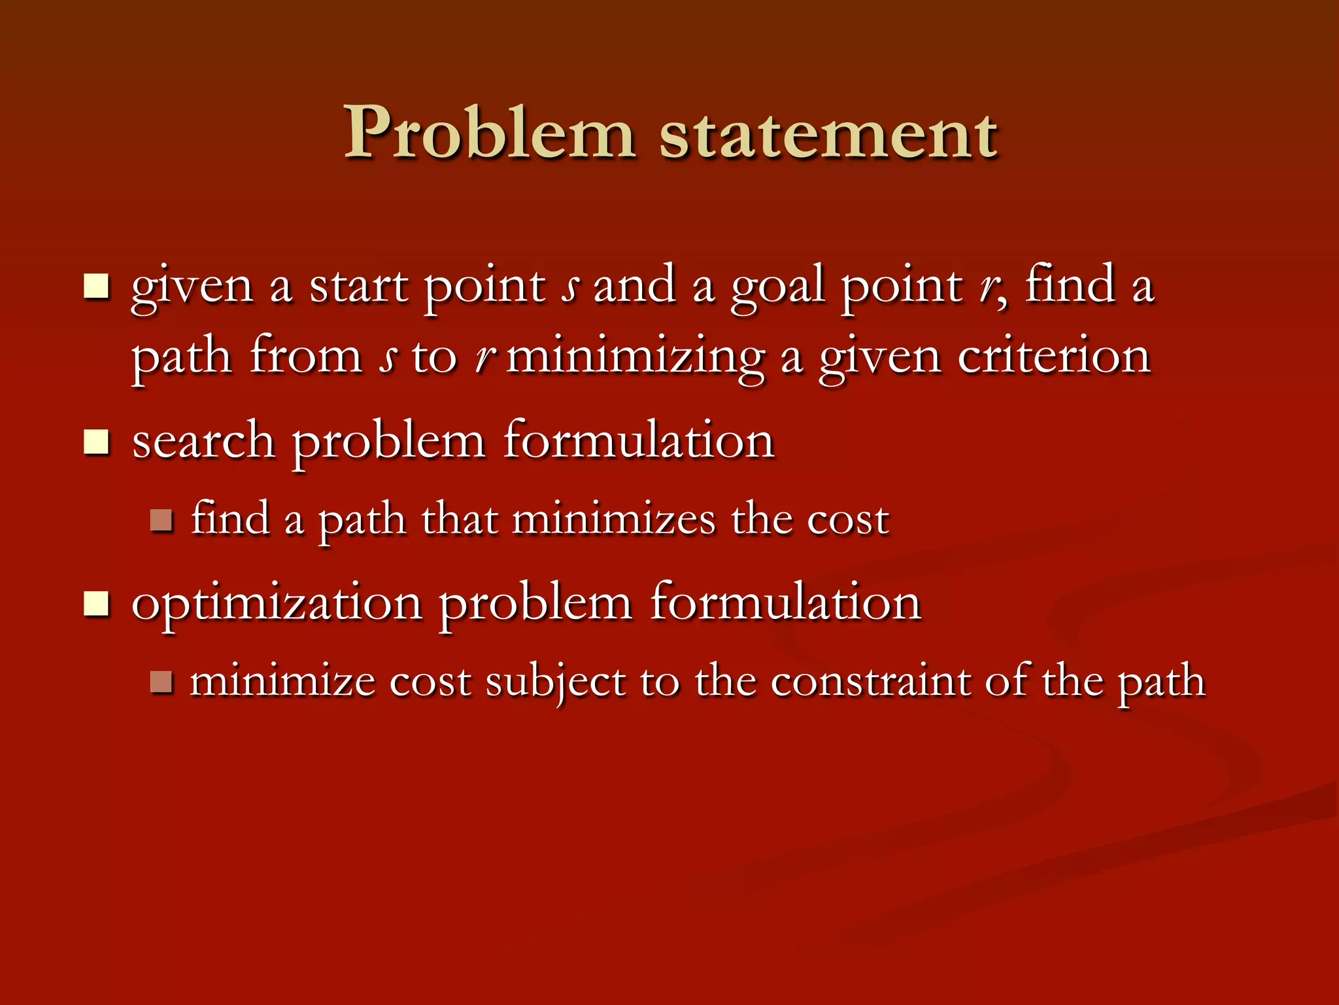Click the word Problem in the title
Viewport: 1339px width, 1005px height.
[x=489, y=134]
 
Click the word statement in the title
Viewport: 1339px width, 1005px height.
[x=828, y=135]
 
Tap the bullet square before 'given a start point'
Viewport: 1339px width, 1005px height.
[x=96, y=287]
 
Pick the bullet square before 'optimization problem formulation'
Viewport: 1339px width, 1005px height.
[x=96, y=603]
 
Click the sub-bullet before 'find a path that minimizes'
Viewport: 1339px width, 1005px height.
[x=161, y=521]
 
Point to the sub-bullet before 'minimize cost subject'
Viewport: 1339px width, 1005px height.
[x=161, y=682]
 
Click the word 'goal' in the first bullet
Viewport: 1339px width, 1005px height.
[x=777, y=288]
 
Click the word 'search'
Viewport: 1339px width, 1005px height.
[x=203, y=442]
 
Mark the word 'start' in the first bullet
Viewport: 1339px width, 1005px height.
[x=359, y=287]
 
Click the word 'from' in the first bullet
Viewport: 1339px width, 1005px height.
[x=306, y=357]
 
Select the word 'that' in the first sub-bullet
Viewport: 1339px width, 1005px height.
[x=459, y=520]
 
